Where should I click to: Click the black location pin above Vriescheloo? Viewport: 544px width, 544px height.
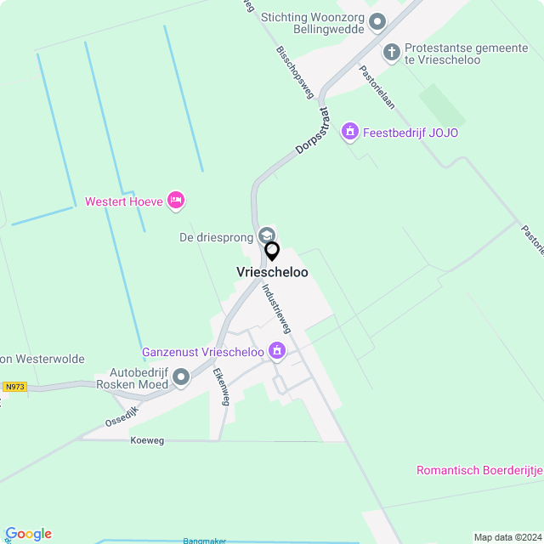(272, 252)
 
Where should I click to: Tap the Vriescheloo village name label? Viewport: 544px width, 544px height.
(272, 272)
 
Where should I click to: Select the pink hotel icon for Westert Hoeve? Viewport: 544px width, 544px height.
(176, 201)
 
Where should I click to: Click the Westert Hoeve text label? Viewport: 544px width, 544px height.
(124, 202)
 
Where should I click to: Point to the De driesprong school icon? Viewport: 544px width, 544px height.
(266, 235)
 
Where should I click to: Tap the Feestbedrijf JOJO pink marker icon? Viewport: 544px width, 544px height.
(348, 132)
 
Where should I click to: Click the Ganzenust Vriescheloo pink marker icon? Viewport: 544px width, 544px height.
(276, 350)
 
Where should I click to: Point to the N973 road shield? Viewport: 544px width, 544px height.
(14, 387)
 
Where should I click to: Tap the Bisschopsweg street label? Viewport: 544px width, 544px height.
(295, 72)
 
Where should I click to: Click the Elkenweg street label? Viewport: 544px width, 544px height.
(220, 387)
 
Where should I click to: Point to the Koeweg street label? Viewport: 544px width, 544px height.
(147, 440)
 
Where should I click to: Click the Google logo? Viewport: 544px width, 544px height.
(28, 534)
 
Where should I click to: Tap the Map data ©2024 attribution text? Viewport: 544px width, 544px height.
(507, 537)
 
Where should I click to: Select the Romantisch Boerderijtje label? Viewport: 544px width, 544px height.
(479, 471)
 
